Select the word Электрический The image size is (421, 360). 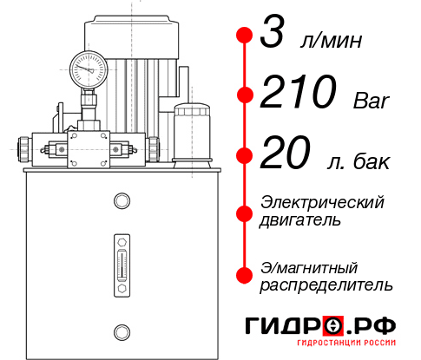coord(322,202)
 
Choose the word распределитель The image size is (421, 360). coord(326,285)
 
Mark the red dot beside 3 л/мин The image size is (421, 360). coord(244,36)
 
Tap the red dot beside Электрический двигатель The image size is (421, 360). coord(244,211)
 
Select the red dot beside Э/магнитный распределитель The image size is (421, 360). coord(244,275)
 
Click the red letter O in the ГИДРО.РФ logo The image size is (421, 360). coord(333,326)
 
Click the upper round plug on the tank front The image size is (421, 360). coord(121,202)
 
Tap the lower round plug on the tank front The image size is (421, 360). coord(121,331)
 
